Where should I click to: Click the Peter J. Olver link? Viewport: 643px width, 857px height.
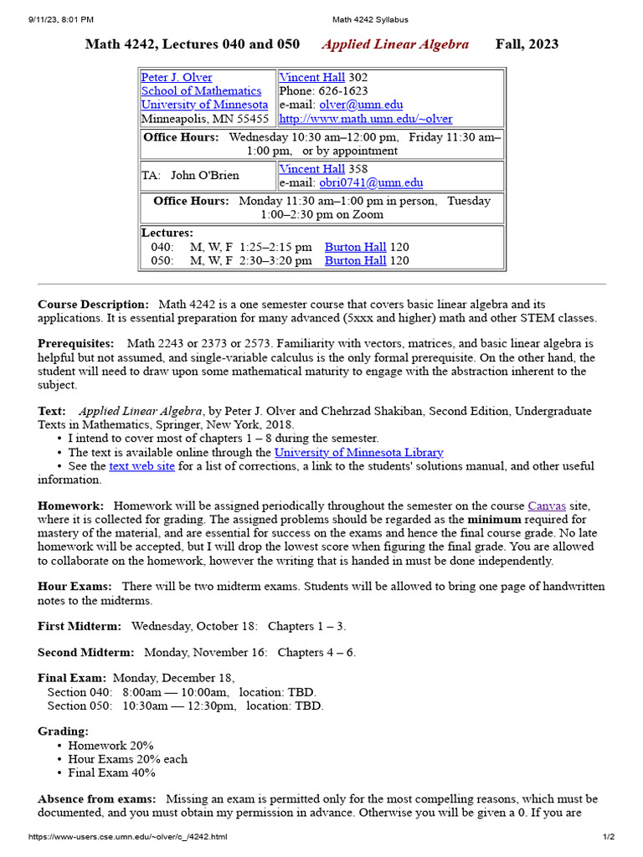pyautogui.click(x=177, y=78)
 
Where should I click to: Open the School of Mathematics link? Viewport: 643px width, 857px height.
pyautogui.click(x=201, y=91)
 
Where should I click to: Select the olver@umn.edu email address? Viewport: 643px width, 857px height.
pyautogui.click(x=361, y=105)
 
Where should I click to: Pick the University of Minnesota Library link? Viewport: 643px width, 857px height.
pyautogui.click(x=359, y=452)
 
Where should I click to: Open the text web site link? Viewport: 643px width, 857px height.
pyautogui.click(x=141, y=466)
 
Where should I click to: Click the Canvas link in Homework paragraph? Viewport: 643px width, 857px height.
pyautogui.click(x=547, y=506)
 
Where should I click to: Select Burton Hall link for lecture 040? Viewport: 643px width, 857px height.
pyautogui.click(x=355, y=247)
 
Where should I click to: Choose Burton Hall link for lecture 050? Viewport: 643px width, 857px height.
pyautogui.click(x=355, y=260)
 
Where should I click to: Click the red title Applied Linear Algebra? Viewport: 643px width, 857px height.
pyautogui.click(x=395, y=44)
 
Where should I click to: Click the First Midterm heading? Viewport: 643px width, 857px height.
pyautogui.click(x=80, y=626)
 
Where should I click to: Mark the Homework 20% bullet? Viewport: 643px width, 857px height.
pyautogui.click(x=111, y=746)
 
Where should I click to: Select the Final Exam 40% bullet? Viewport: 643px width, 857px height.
pyautogui.click(x=111, y=772)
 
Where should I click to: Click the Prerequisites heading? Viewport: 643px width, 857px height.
pyautogui.click(x=75, y=344)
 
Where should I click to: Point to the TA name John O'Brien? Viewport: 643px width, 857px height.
pyautogui.click(x=204, y=176)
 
